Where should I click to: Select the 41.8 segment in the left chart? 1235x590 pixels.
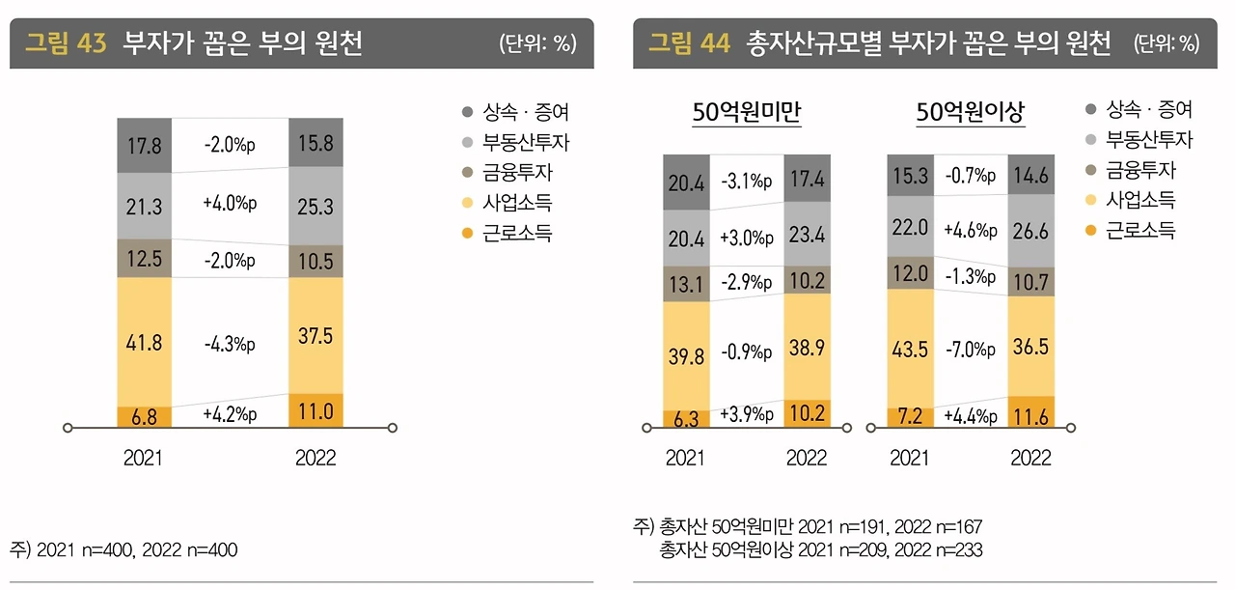144,342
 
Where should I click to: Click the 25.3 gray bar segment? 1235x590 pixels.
316,206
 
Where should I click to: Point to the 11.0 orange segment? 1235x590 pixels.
316,411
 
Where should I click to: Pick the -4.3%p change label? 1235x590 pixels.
230,344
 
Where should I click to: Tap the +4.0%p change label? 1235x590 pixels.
230,204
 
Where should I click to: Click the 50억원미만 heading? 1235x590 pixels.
747,114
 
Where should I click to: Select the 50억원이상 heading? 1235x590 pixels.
970,114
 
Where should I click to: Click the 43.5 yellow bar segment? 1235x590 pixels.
910,349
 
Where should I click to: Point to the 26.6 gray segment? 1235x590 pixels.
1030,231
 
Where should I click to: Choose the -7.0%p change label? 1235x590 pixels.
971,348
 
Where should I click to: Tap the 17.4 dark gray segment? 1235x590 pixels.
807,179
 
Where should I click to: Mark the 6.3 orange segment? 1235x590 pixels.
686,419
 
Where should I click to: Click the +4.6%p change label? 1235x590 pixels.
971,230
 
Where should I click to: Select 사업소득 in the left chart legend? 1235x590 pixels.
517,203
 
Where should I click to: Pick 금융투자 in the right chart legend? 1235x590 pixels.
1140,171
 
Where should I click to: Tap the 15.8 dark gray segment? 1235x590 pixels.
316,143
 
